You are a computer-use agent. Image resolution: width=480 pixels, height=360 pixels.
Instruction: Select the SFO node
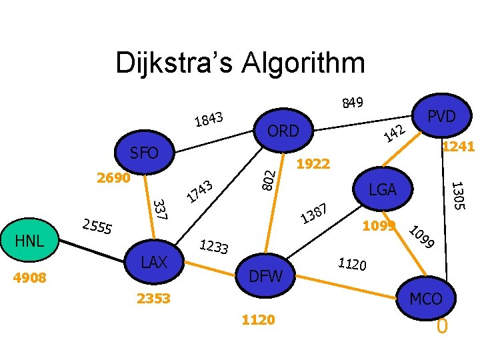[x=144, y=154]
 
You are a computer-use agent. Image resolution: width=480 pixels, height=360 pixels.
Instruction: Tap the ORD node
[x=283, y=131]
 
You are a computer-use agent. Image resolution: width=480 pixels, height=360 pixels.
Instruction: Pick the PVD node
[x=441, y=116]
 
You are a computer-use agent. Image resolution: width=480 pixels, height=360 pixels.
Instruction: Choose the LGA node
[x=383, y=190]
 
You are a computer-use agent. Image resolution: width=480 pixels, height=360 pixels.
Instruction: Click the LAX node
[x=154, y=262]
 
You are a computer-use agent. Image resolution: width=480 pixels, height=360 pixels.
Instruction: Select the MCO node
[x=425, y=299]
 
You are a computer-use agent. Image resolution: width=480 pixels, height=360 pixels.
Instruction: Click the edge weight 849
[x=352, y=103]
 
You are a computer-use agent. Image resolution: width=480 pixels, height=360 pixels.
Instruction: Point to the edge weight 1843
[x=209, y=119]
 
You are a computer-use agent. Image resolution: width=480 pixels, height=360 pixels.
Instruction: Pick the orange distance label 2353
[x=153, y=298]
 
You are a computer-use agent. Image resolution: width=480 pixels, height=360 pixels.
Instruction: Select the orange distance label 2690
[x=113, y=179]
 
